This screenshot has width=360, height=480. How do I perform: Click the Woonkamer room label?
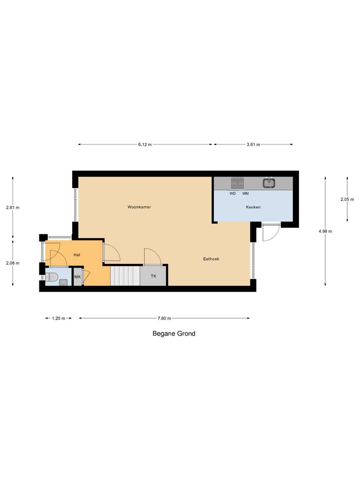139,207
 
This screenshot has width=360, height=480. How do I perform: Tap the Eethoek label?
211,259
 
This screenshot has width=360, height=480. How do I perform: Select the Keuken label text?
253,207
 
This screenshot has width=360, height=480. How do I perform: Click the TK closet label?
153,276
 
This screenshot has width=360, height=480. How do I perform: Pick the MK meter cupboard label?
77,277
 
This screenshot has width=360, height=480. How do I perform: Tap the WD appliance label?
232,193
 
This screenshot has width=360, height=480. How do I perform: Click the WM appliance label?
245,193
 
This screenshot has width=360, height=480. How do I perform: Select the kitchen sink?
269,182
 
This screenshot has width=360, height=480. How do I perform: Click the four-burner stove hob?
237,182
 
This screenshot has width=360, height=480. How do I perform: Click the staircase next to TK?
125,276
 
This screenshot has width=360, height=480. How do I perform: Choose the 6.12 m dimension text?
145,144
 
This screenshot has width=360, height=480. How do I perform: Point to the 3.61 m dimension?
253,144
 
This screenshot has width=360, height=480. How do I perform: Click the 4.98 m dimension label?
325,231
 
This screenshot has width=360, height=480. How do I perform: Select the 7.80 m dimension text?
164,318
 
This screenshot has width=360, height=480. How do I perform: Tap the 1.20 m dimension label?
58,318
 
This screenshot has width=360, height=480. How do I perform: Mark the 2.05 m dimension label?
347,199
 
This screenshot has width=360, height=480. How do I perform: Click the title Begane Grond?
174,334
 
